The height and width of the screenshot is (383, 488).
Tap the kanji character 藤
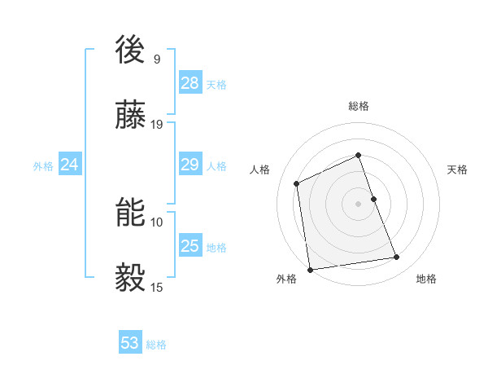tap(132, 117)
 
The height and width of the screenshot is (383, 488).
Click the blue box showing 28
tap(190, 83)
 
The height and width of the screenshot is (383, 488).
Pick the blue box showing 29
tap(190, 165)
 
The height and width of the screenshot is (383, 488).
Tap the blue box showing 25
tap(190, 246)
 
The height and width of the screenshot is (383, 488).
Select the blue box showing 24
tap(70, 165)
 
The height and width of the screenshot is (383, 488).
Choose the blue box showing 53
tap(130, 343)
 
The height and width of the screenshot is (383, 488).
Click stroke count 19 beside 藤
tap(157, 124)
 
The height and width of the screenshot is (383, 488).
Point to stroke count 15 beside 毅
tap(157, 287)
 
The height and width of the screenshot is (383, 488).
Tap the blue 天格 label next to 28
tap(216, 84)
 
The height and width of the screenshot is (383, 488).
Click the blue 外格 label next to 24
tap(43, 165)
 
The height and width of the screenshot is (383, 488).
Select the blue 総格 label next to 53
tap(156, 344)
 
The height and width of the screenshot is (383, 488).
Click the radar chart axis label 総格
tap(359, 106)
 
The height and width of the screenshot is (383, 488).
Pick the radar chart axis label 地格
tap(426, 279)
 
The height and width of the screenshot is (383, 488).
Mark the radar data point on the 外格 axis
tap(310, 270)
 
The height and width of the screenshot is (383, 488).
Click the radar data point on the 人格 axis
tap(297, 183)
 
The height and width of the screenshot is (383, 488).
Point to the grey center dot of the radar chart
tap(359, 204)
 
